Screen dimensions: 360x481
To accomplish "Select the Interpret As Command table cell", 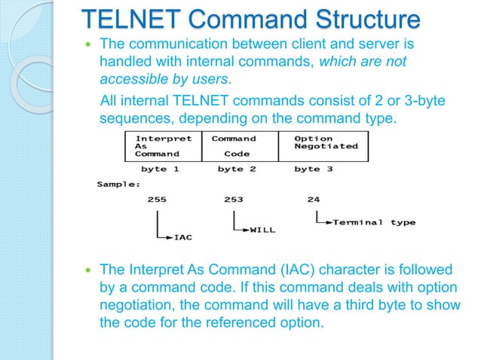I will [163, 146].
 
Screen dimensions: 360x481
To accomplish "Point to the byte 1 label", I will [160, 169].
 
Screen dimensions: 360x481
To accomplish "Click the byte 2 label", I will [237, 169].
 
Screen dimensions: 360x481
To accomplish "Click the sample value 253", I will [234, 200].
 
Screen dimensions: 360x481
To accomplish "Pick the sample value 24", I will [313, 200].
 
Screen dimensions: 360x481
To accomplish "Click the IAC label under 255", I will [182, 237].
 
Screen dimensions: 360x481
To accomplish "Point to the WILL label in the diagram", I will [262, 230].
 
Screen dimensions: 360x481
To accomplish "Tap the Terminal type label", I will [374, 222].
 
